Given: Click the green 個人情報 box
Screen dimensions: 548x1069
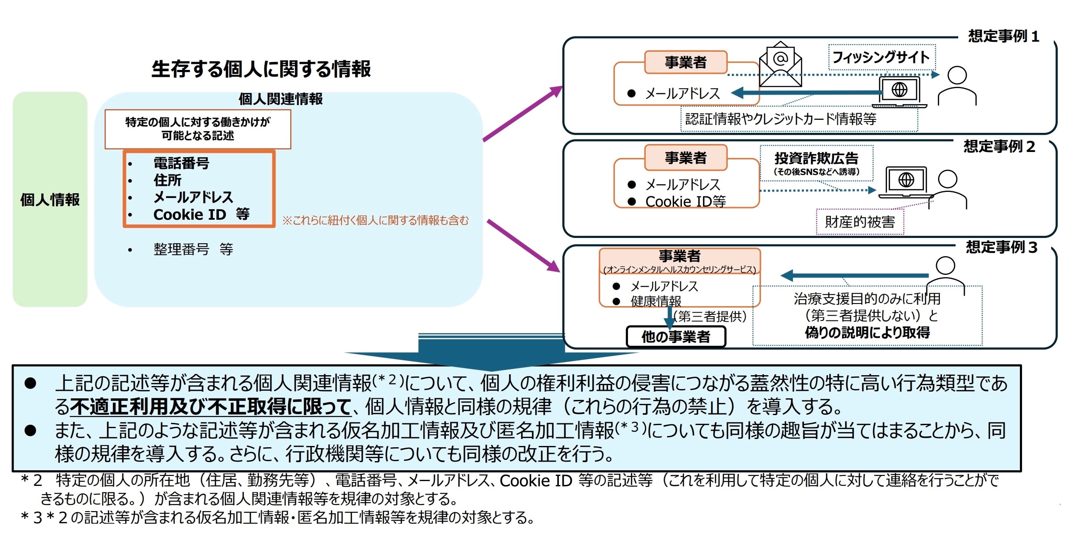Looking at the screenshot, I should [x=50, y=199].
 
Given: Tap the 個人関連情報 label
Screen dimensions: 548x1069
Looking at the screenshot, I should [x=280, y=99].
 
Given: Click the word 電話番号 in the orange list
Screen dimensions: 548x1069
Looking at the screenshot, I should [x=181, y=163].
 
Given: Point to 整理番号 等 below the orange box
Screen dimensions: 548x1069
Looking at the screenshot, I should [x=193, y=249].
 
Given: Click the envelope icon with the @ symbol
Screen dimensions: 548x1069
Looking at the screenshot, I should [x=780, y=64].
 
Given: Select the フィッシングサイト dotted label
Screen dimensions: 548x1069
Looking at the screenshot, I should [x=881, y=57].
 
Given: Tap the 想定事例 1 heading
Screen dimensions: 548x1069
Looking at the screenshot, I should [x=1003, y=36].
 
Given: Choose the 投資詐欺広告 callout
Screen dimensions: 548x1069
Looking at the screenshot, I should [x=816, y=163].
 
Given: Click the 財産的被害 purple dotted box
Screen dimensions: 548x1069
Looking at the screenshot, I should [x=860, y=222].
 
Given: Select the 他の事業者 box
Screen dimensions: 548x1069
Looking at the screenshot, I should [x=676, y=337].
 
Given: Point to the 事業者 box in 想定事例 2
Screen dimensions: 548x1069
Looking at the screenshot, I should [x=685, y=158].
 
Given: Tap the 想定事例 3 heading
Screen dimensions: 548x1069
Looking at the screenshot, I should [x=1001, y=248].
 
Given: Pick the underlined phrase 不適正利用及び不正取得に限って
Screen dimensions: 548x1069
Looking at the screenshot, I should [x=210, y=407].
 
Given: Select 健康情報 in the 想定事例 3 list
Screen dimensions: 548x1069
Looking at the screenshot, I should [x=656, y=301].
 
